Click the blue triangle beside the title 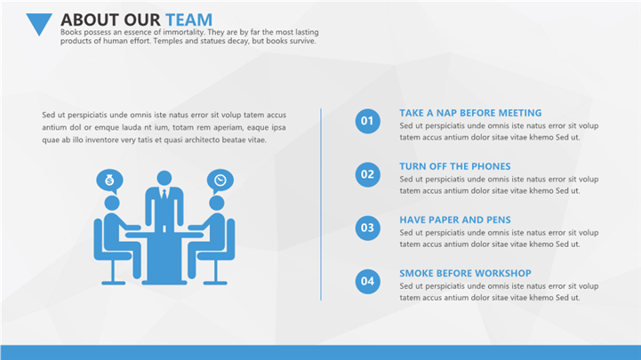point(39,23)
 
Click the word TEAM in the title point(188,20)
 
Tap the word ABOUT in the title point(90,20)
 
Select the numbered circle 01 point(367,121)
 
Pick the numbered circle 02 point(367,174)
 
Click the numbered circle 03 point(367,228)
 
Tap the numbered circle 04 point(367,281)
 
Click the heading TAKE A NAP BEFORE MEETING point(470,113)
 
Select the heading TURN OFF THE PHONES point(455,166)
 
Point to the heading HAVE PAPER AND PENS point(455,220)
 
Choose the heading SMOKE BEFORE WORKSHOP point(465,273)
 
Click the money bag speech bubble point(109,180)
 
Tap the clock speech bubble point(220,180)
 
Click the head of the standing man point(164,178)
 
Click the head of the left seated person point(112,203)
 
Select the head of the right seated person point(217,203)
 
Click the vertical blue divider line point(321,204)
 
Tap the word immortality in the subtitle point(183,32)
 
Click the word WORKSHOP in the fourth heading point(503,273)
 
